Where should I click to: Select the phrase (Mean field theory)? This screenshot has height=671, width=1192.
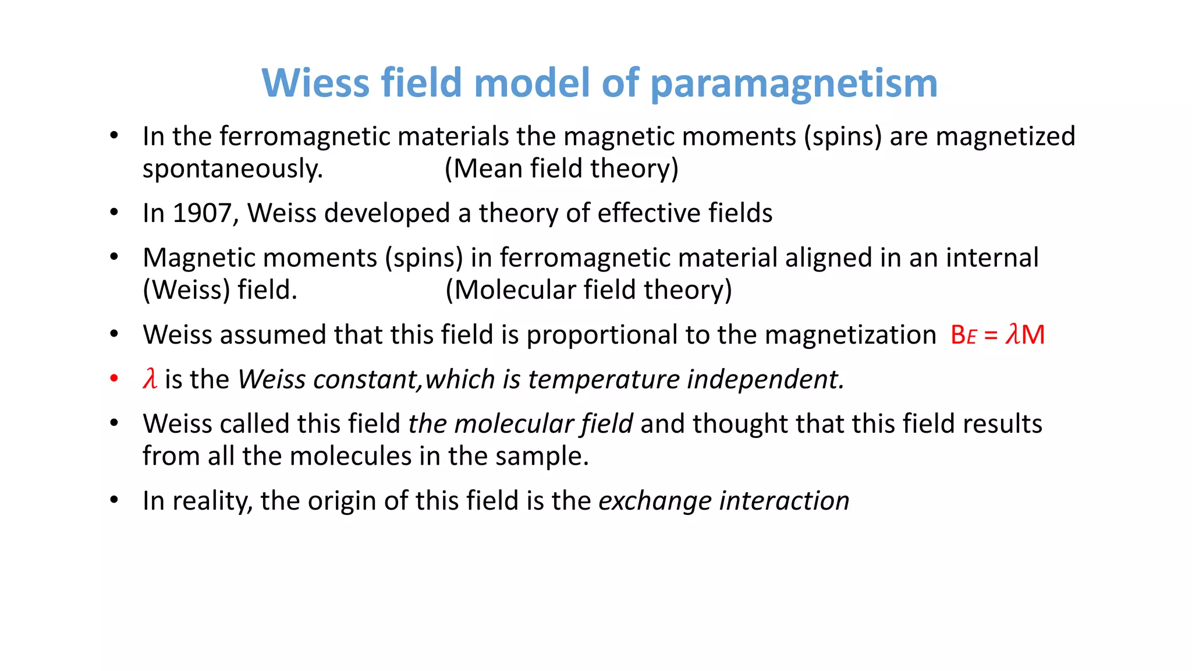click(561, 169)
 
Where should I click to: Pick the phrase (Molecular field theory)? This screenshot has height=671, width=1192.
click(588, 290)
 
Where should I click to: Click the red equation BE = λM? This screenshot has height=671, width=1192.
click(997, 335)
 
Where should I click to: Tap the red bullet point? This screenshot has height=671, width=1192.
click(114, 379)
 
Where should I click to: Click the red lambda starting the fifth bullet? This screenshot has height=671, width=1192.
click(150, 379)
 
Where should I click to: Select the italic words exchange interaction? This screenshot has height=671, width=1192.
click(723, 501)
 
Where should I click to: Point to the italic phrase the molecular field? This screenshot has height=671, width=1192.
click(520, 424)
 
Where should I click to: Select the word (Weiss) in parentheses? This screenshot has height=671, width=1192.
click(186, 290)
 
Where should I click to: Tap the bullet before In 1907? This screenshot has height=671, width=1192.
click(114, 213)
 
